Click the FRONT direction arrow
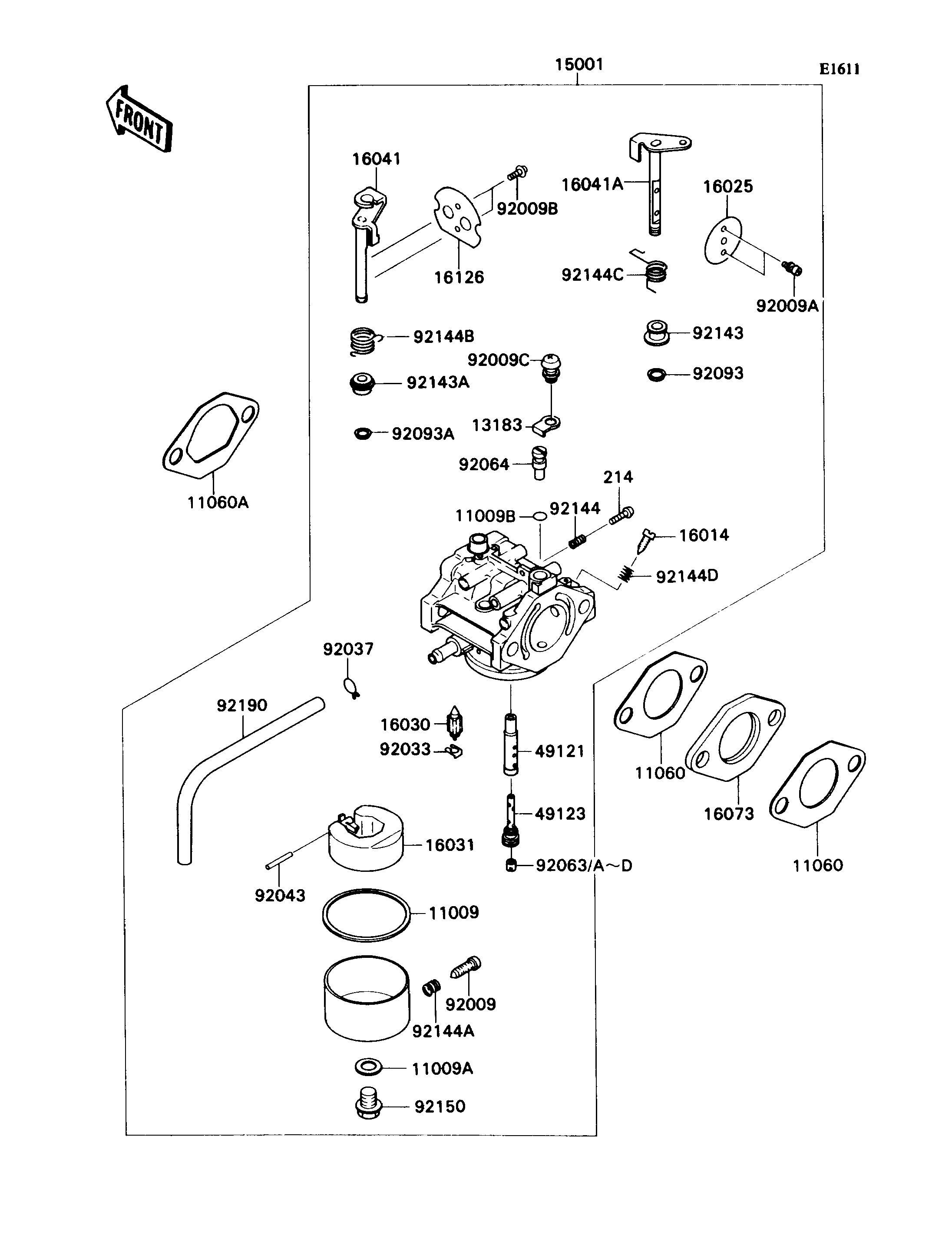pos(139,120)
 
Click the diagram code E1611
pos(839,69)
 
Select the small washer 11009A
pos(369,1067)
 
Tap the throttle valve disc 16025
pos(724,240)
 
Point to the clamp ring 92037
pos(351,688)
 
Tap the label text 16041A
pos(592,184)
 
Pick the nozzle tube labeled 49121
pos(511,744)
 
